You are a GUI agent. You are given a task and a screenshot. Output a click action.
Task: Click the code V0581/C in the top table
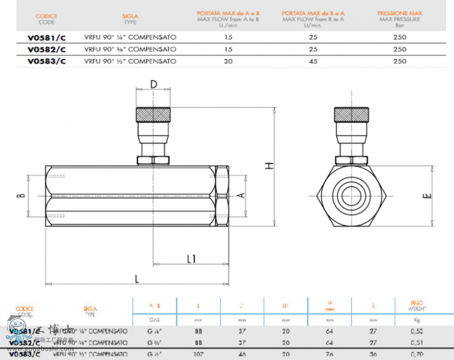(47, 37)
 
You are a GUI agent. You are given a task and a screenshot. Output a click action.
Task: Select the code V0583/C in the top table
(47, 61)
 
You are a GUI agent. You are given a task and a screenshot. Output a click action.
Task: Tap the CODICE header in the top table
(47, 19)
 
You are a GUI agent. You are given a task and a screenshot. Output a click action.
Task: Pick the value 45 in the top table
(313, 61)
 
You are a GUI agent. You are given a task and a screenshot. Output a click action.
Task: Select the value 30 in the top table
(228, 61)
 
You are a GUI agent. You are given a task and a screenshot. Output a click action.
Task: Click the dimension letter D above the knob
(153, 85)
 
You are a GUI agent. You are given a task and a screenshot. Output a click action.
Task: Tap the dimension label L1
(191, 259)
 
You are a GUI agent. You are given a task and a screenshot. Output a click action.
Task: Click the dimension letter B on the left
(21, 196)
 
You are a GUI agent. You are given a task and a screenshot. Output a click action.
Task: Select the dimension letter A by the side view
(241, 196)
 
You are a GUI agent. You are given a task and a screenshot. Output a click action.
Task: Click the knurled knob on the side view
(153, 114)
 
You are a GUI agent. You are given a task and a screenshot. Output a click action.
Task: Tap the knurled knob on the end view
(352, 114)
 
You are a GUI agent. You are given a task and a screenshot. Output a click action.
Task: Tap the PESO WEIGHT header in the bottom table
(417, 306)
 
